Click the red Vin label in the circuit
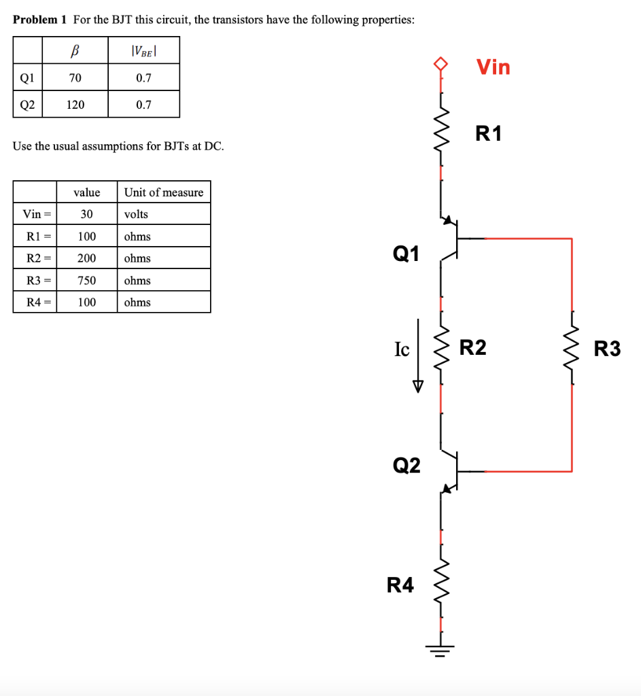(493, 67)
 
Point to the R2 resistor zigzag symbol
(442, 349)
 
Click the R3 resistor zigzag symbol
(572, 349)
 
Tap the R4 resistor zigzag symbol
(442, 583)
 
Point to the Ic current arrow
(418, 356)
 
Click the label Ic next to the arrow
(402, 349)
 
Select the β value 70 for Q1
(75, 77)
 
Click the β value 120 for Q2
(75, 105)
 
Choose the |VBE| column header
(143, 50)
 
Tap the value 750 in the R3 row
(86, 280)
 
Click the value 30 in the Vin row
(86, 214)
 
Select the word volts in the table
(136, 214)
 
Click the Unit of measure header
(163, 192)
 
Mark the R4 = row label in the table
(35, 302)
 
